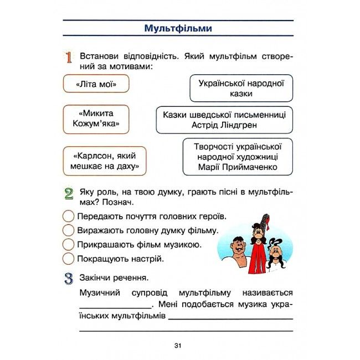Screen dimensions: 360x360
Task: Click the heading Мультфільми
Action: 178,28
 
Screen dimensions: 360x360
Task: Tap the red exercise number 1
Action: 69,57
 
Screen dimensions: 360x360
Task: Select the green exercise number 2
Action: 69,194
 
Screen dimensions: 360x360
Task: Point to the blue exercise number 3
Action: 69,278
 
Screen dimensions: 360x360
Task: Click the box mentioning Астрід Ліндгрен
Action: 224,120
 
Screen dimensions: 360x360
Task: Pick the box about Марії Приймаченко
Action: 238,157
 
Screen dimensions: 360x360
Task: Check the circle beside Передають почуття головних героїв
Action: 69,216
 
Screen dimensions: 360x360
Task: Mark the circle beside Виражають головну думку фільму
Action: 69,230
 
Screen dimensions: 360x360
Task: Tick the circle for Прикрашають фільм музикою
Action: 69,244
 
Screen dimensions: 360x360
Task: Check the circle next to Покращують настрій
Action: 69,258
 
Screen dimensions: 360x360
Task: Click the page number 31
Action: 178,346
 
